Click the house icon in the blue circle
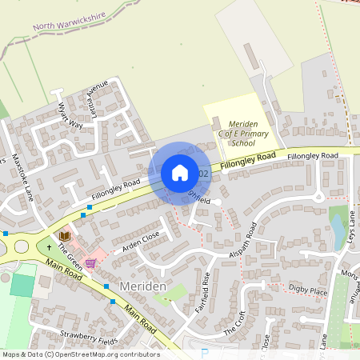click(x=179, y=173)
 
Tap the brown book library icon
click(x=65, y=236)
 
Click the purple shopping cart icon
click(x=90, y=262)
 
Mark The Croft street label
click(x=234, y=322)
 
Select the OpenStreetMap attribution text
click(x=80, y=354)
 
